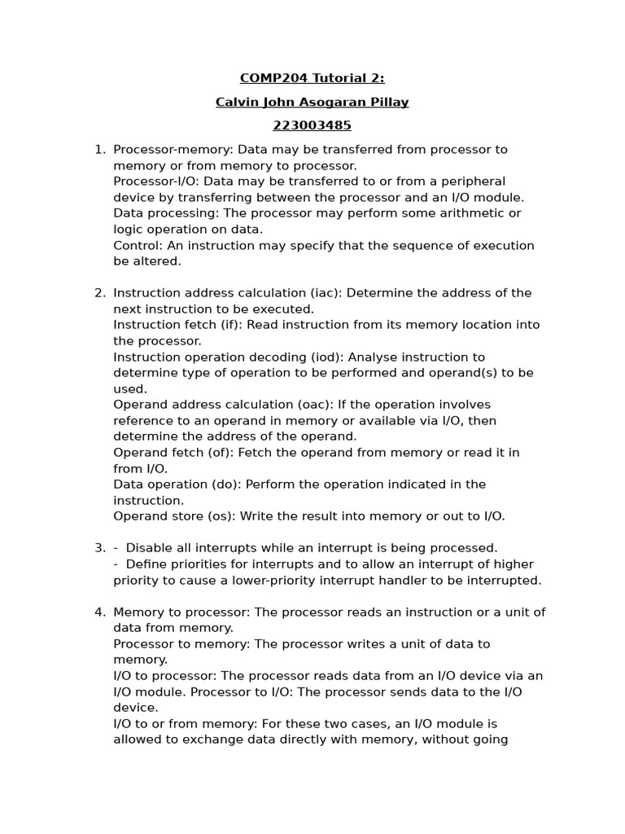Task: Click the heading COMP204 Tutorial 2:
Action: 312,78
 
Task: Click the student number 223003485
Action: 312,125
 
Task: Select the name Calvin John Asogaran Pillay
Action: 312,102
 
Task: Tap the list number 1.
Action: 100,150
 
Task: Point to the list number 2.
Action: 100,293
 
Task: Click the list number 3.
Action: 100,548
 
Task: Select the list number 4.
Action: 100,612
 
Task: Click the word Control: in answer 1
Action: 138,246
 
